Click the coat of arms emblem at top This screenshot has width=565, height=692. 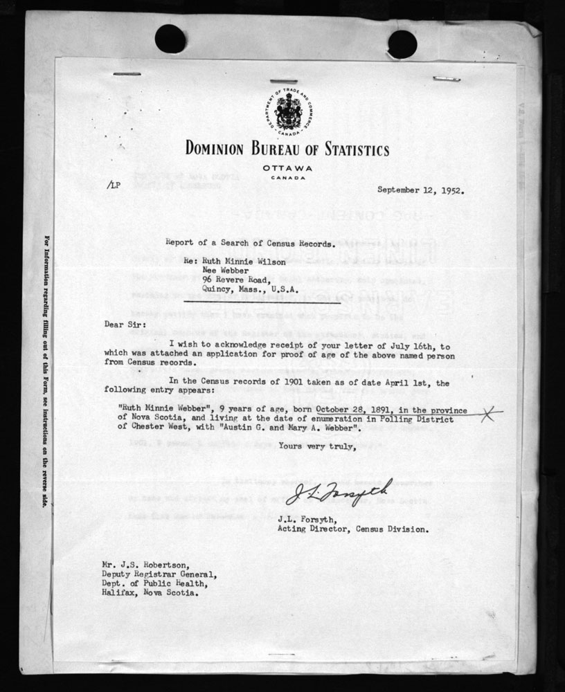tap(287, 111)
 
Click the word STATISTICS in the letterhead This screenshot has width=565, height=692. tap(346, 149)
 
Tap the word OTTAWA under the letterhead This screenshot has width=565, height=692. tap(287, 168)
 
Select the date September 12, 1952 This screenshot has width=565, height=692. tap(420, 188)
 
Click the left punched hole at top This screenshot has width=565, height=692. tap(170, 39)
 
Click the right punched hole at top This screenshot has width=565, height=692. tap(402, 44)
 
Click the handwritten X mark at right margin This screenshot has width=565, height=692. tap(490, 415)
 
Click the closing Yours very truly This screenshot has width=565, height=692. tap(317, 446)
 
